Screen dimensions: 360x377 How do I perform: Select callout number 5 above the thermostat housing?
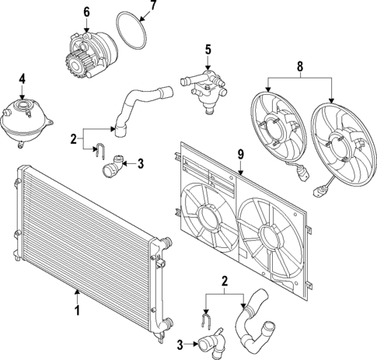(208, 50)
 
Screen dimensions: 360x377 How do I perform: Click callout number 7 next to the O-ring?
(152, 6)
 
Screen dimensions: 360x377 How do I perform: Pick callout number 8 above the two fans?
(299, 67)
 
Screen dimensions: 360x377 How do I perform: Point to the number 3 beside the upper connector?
(141, 163)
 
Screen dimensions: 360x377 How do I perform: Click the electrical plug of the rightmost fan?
(318, 190)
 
